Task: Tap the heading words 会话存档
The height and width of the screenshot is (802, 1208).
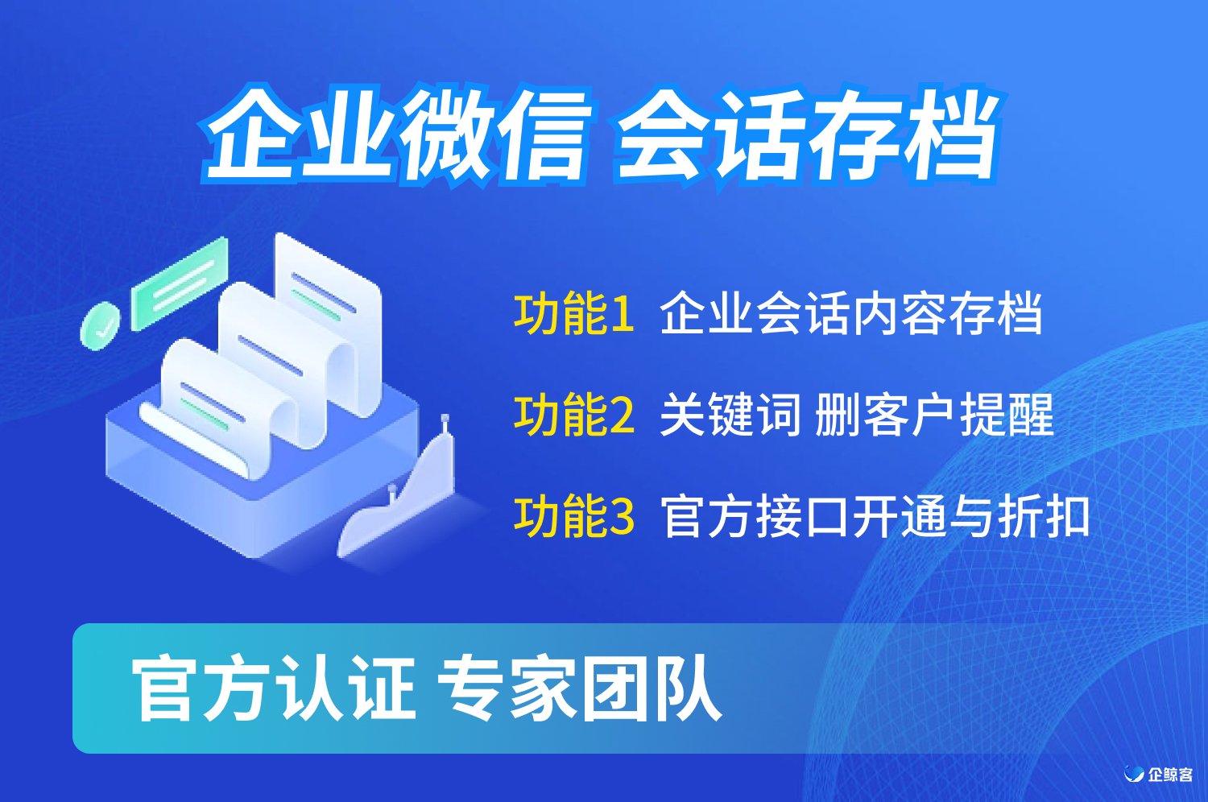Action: pos(807,134)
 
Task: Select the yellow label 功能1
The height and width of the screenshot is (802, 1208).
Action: pos(573,312)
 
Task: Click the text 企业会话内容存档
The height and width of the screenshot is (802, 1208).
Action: pos(850,312)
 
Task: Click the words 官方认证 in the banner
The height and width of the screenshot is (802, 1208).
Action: pos(274,688)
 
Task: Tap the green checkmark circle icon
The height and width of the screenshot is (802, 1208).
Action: pos(101,326)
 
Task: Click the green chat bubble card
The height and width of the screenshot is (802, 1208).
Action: pos(180,283)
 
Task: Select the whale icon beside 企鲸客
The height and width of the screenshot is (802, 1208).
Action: pos(1134,774)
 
